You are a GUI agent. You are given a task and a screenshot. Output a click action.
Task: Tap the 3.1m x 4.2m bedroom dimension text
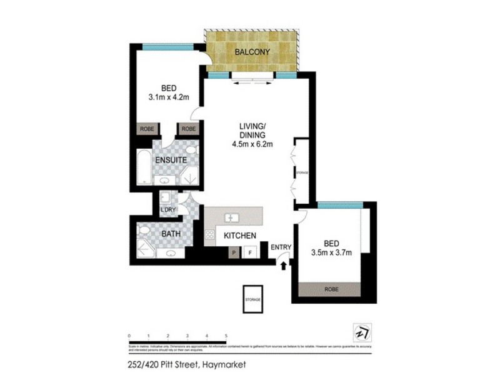click(x=168, y=97)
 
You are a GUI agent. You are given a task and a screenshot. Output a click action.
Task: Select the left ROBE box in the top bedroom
click(x=146, y=129)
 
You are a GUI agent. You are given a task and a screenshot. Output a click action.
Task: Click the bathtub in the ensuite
click(x=144, y=167)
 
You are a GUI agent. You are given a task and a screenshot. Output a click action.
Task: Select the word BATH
click(x=171, y=234)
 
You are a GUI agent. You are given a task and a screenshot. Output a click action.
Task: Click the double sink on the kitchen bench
click(x=232, y=217)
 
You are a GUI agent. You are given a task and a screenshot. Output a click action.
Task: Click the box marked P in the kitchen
click(x=233, y=253)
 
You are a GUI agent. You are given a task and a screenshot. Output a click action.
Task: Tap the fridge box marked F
click(x=250, y=253)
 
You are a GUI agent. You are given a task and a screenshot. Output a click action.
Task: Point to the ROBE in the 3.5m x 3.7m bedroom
click(x=329, y=290)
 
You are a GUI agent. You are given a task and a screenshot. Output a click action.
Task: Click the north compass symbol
click(x=360, y=331)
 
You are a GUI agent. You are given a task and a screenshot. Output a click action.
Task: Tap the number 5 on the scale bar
click(x=225, y=336)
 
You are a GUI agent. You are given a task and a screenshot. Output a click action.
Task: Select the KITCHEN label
click(x=240, y=236)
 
